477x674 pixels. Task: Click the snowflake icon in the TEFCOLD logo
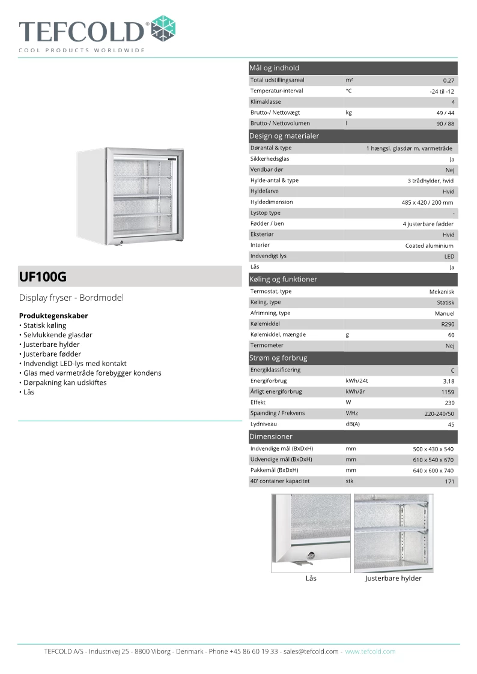(x=163, y=28)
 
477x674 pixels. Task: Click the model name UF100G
(x=43, y=277)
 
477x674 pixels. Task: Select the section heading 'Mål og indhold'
(x=274, y=68)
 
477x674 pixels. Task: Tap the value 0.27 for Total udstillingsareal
(x=448, y=80)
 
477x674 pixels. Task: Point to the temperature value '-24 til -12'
(x=442, y=91)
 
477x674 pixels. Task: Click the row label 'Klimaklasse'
(x=266, y=102)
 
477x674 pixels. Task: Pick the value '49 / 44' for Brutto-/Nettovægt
(x=445, y=113)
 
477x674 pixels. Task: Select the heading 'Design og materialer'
(x=284, y=136)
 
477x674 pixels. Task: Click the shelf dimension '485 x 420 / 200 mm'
(x=427, y=203)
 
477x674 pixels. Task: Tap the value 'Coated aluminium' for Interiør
(x=430, y=246)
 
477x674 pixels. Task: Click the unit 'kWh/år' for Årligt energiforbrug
(x=357, y=392)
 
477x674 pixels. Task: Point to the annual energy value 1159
(x=448, y=392)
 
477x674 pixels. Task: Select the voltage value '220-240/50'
(x=439, y=414)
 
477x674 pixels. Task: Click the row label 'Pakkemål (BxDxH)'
(x=274, y=471)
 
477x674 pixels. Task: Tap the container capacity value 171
(x=449, y=481)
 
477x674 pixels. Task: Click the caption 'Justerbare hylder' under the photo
(x=393, y=579)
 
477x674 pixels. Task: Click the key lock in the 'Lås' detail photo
(x=311, y=556)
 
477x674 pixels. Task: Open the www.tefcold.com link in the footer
(x=370, y=651)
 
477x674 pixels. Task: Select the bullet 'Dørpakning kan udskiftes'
(x=65, y=382)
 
